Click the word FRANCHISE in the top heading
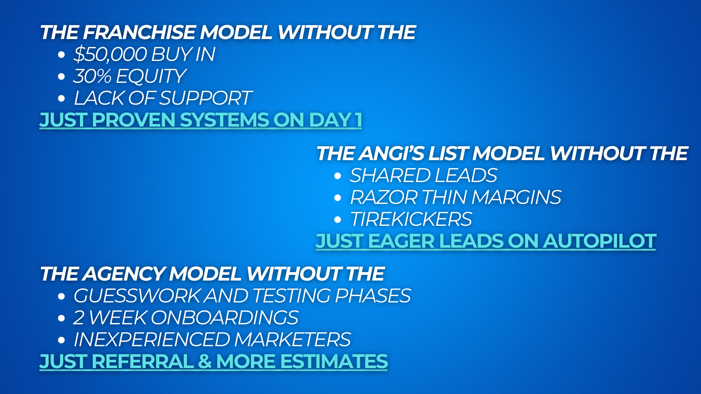tap(139, 32)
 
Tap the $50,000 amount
tap(110, 54)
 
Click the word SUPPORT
tap(206, 98)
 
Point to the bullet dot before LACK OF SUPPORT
tap(61, 98)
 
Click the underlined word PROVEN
tap(134, 120)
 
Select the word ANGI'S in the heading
tap(391, 153)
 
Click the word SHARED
tap(390, 175)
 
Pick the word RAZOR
tap(383, 197)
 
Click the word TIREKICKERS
tap(411, 219)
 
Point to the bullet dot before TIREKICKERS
tap(338, 220)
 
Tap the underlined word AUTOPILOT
tap(599, 241)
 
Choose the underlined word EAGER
tap(402, 241)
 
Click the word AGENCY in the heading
tap(124, 274)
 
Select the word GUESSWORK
tap(137, 296)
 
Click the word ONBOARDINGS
tap(224, 318)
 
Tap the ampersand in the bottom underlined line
tap(205, 362)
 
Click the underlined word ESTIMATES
tap(334, 362)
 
